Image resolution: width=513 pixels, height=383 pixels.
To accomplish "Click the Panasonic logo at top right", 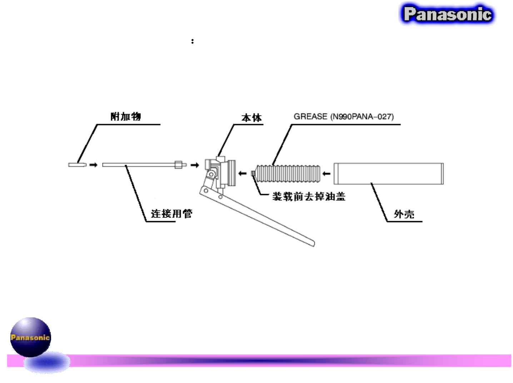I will pyautogui.click(x=447, y=14).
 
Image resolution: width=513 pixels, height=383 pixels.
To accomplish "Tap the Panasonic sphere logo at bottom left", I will pyautogui.click(x=30, y=337).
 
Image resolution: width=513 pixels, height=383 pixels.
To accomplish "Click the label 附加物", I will pyautogui.click(x=125, y=117).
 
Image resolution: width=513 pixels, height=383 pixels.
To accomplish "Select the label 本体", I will pyautogui.click(x=251, y=118).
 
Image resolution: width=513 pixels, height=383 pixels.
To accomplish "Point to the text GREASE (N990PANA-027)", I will pyautogui.click(x=343, y=117).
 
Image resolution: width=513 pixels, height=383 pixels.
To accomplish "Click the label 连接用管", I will pyautogui.click(x=171, y=214).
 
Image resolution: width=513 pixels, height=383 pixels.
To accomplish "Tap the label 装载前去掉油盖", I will pyautogui.click(x=309, y=196).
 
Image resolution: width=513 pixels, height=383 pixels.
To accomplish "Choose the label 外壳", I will pyautogui.click(x=404, y=214).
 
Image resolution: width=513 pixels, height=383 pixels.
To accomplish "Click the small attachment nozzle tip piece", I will pyautogui.click(x=77, y=165).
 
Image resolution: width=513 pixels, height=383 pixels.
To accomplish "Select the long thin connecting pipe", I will pyautogui.click(x=138, y=165).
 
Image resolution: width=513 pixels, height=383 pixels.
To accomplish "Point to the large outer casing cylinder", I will pyautogui.click(x=388, y=174).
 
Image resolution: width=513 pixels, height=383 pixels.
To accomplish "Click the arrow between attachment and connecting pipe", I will pyautogui.click(x=93, y=165).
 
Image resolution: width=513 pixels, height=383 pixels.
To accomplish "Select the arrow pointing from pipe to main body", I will pyautogui.click(x=195, y=165).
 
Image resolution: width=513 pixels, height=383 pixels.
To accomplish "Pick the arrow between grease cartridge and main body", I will pyautogui.click(x=243, y=174).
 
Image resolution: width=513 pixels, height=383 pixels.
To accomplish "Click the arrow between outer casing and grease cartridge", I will pyautogui.click(x=326, y=174).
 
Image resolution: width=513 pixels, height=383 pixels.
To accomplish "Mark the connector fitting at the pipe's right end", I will pyautogui.click(x=180, y=165).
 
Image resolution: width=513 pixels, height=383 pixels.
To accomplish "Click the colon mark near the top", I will pyautogui.click(x=193, y=41).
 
